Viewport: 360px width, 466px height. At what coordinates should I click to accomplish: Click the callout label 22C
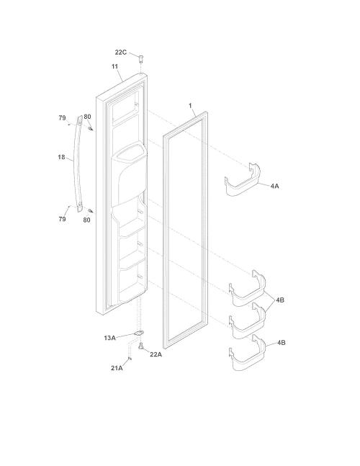pos(120,53)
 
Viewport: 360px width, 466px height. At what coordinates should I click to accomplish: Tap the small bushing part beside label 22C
pos(141,58)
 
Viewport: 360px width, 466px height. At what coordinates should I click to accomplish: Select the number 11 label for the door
pos(114,66)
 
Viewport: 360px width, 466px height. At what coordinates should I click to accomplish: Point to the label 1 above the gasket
pos(190,106)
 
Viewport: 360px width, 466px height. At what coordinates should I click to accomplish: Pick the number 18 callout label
pos(61,157)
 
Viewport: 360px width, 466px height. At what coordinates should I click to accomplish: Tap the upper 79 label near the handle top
pos(62,118)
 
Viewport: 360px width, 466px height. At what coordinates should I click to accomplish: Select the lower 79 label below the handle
pos(62,219)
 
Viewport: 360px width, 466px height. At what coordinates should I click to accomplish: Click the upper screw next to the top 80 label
pos(91,128)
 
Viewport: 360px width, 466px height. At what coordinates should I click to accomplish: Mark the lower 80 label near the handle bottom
pos(86,220)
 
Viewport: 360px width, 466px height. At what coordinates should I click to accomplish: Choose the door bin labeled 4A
pos(243,180)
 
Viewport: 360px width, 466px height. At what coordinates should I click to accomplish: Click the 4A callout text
pos(275,187)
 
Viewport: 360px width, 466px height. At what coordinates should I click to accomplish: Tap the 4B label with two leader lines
pos(280,300)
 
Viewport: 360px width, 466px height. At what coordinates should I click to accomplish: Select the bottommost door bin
pos(247,353)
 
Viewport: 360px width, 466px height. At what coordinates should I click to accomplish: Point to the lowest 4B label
pos(281,343)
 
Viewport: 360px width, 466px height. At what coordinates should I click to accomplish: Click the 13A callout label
pos(109,338)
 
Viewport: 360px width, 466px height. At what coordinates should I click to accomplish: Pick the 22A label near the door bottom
pos(156,354)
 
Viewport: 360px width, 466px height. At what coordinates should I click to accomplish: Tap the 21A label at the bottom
pos(117,368)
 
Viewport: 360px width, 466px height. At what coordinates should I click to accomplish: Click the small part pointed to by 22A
pos(141,346)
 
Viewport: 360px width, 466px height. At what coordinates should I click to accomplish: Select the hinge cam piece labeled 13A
pos(138,333)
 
